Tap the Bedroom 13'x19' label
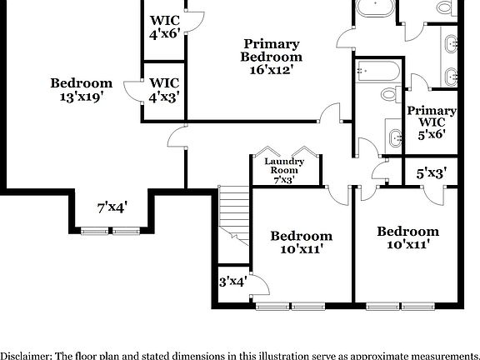click(81, 90)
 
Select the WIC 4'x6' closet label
click(164, 27)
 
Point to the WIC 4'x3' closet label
click(164, 89)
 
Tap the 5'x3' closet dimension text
click(431, 173)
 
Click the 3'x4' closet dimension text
click(232, 281)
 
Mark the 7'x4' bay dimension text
click(112, 206)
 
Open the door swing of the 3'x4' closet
click(261, 286)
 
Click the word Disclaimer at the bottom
click(25, 355)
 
